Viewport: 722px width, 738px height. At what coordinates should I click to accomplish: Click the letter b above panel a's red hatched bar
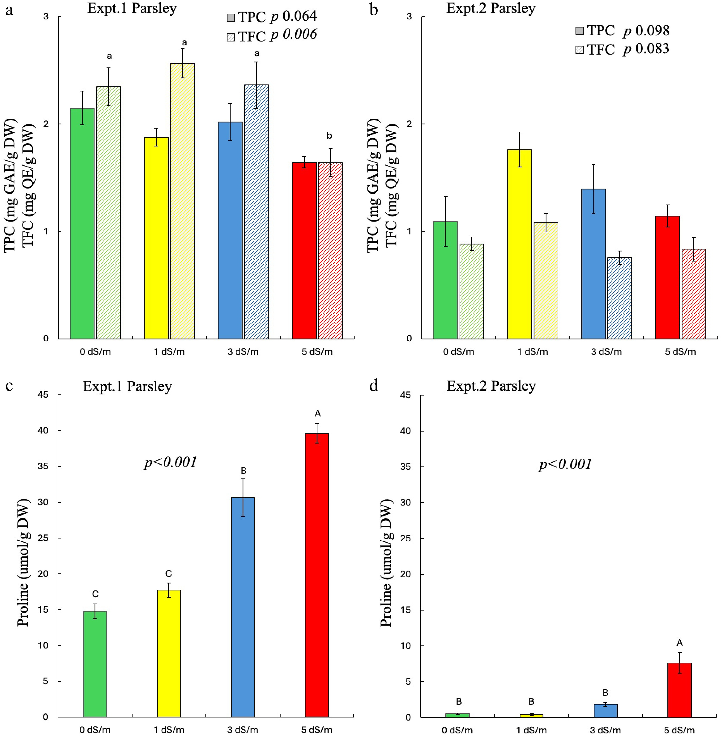click(x=329, y=136)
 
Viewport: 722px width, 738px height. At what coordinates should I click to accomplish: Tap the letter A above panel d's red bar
click(x=679, y=643)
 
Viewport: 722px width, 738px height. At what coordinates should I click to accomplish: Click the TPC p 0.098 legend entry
click(x=622, y=31)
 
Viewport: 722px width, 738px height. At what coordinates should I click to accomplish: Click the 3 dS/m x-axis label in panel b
click(x=606, y=352)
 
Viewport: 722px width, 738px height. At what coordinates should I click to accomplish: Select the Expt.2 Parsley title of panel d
click(x=491, y=386)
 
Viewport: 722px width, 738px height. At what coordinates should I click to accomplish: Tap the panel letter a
click(x=9, y=10)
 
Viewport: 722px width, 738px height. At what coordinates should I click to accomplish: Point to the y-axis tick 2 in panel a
click(x=46, y=124)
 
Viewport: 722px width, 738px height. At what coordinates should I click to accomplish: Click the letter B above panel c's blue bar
click(x=243, y=471)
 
